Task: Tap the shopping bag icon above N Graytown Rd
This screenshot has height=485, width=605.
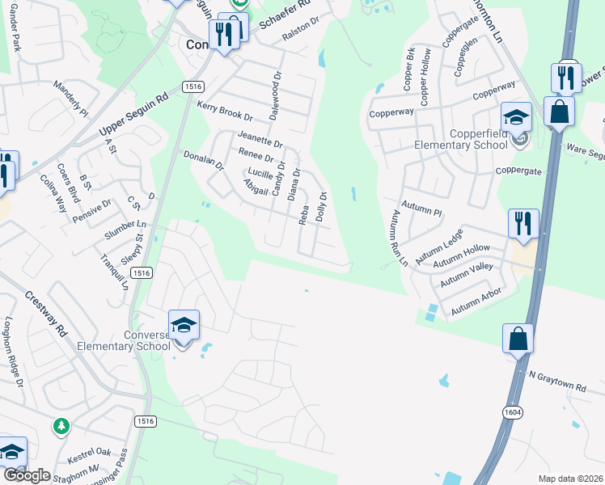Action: click(518, 339)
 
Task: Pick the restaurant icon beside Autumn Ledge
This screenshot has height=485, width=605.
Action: click(523, 224)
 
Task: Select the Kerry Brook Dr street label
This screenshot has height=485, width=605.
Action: click(225, 111)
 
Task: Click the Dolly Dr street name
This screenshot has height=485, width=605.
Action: click(322, 207)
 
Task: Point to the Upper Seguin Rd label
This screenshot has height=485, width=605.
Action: click(133, 112)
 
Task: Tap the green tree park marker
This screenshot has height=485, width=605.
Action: click(61, 425)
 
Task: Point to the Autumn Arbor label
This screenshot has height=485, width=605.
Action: click(476, 301)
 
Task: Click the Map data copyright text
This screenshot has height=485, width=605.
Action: click(571, 479)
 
